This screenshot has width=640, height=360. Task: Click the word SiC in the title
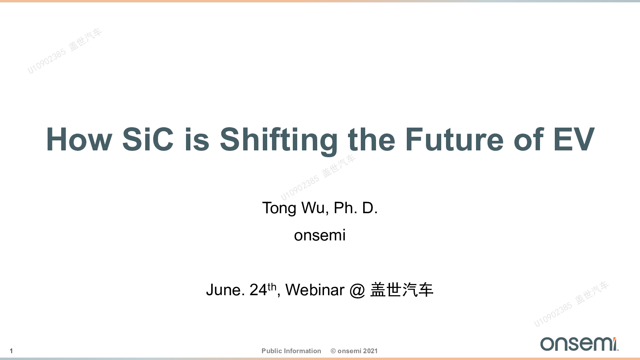pos(148,139)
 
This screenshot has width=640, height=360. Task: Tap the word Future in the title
pos(454,139)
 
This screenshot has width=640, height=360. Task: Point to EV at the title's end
pos(574,139)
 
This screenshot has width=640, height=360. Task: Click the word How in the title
pos(79,139)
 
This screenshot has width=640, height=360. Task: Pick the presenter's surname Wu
pos(313,208)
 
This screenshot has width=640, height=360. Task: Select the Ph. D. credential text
pos(356,208)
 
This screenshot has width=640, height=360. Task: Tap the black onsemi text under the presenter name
pos(320,236)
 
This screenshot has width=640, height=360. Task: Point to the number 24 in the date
pos(258,290)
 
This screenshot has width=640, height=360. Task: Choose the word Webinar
pos(315,290)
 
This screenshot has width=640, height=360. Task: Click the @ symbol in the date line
pos(358,290)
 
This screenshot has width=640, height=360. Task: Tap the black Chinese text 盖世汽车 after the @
pos(402,290)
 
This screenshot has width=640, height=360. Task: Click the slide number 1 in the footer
pos(11,351)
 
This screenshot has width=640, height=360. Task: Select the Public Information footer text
pos(291,351)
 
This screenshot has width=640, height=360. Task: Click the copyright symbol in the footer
pos(333,351)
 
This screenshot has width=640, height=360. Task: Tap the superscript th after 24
pos(272,286)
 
